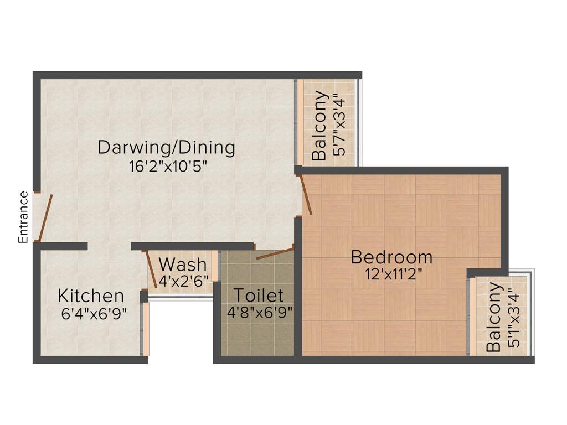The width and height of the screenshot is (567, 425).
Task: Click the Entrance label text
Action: click(23, 217)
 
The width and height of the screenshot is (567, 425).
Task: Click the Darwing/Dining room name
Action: click(167, 148)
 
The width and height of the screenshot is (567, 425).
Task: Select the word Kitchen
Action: click(91, 296)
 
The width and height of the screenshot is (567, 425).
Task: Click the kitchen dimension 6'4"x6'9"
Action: click(94, 313)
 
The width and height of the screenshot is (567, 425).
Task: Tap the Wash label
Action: click(182, 264)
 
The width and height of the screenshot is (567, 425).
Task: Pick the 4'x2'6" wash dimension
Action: click(183, 281)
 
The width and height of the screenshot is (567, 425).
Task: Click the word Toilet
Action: click(258, 295)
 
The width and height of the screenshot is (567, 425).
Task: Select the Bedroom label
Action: click(391, 257)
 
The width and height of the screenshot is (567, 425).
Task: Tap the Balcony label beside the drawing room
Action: click(319, 126)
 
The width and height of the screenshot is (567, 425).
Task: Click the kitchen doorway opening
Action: click(109, 246)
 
